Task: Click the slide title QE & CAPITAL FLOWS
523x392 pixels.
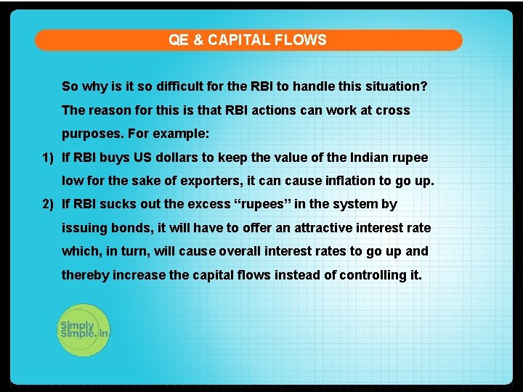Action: click(248, 40)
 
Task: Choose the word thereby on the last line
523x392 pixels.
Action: click(84, 275)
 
